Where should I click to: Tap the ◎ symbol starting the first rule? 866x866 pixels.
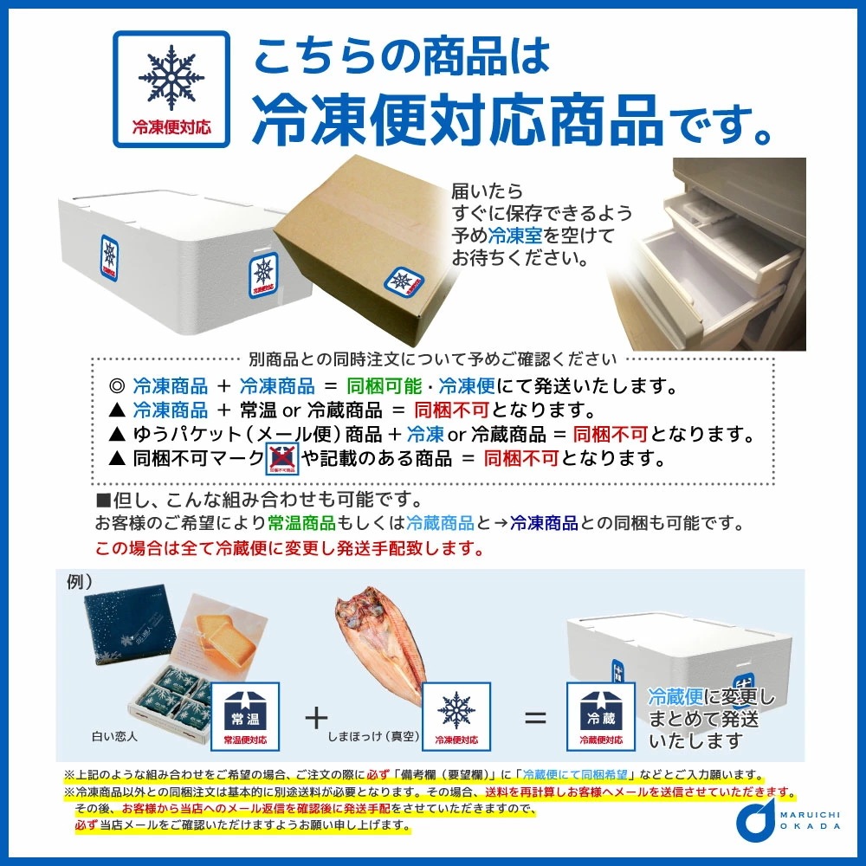116,386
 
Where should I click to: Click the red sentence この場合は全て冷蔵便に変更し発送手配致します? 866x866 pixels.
290,548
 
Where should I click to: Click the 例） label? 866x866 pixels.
79,582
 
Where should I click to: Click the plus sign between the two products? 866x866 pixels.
317,717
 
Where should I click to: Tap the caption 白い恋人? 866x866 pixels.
113,738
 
